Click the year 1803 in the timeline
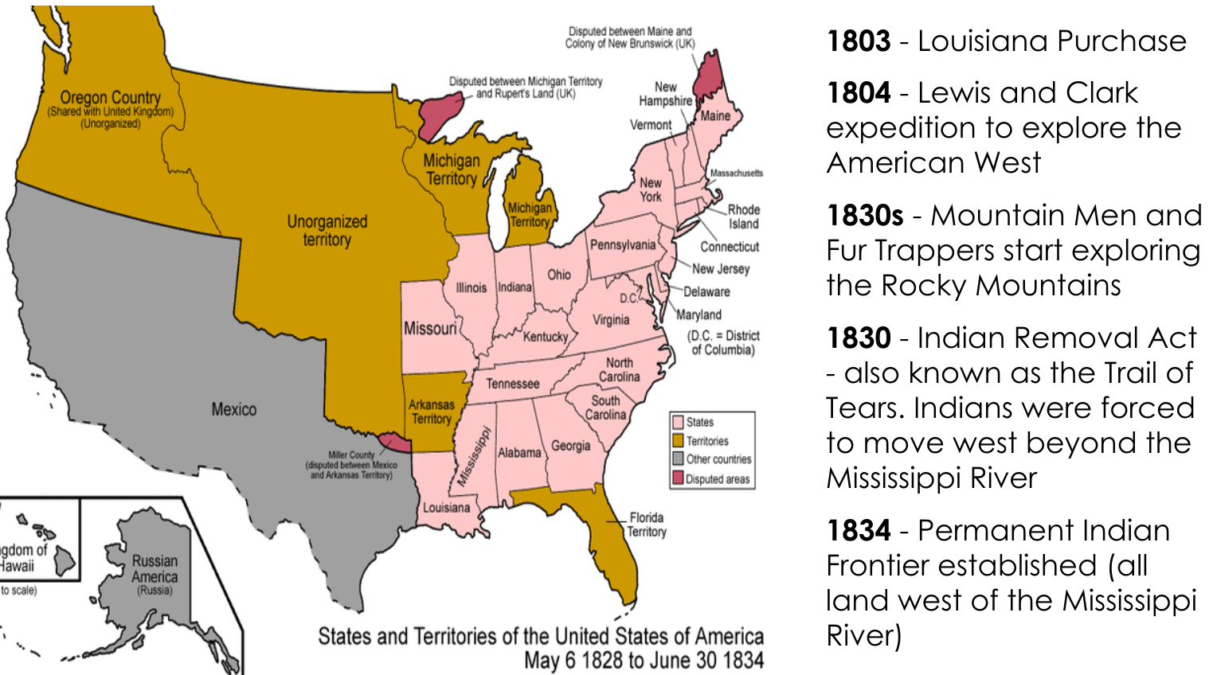coord(858,41)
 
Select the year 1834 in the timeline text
coord(858,531)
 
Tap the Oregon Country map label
coord(110,99)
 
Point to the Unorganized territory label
coord(327,230)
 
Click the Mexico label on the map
coord(233,409)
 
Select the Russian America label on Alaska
coord(155,569)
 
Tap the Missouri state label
coord(430,328)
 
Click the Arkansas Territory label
coord(431,412)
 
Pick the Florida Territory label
coord(646,525)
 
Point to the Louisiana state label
coord(446,508)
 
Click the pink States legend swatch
coord(678,422)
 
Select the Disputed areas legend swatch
coord(678,478)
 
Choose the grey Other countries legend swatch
coord(678,459)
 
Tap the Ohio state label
coord(559,275)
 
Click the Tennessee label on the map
coord(512,384)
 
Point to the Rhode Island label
coord(744,217)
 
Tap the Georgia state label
coord(570,446)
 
